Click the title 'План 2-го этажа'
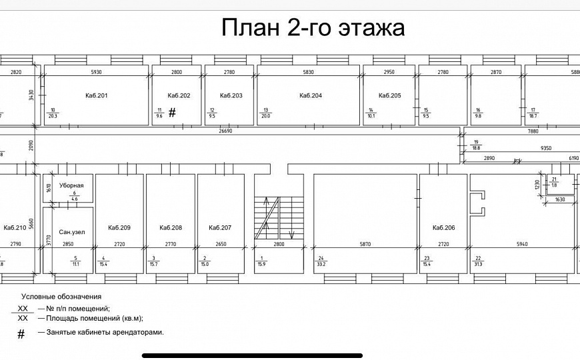[x=313, y=29]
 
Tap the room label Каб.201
[x=97, y=96]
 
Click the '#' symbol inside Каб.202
[x=172, y=113]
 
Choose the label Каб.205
[x=390, y=96]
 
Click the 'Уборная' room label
[x=71, y=185]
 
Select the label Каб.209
[x=119, y=228]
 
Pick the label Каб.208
[x=171, y=228]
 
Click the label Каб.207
[x=220, y=228]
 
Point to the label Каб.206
[x=443, y=228]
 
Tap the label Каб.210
[x=15, y=228]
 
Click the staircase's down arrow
[x=291, y=233]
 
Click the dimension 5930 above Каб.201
[x=97, y=71]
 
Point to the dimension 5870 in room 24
[x=365, y=245]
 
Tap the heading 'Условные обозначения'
[x=61, y=296]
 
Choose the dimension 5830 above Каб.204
[x=309, y=71]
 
